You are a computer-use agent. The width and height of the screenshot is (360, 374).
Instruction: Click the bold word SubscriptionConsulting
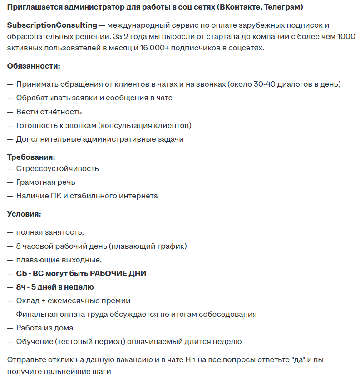(52, 25)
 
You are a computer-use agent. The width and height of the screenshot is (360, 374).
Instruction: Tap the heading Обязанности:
(34, 66)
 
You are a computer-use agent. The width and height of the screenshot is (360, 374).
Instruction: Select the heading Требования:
(31, 157)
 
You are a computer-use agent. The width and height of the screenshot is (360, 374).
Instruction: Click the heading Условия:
(24, 214)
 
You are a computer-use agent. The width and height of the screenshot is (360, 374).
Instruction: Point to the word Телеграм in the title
(282, 7)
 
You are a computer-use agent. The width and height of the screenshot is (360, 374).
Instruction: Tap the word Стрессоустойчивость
(57, 168)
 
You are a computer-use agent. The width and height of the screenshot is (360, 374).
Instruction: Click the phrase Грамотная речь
(46, 182)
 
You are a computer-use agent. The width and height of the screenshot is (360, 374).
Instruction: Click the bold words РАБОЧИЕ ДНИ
(118, 273)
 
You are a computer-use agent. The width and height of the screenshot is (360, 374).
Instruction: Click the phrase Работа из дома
(44, 328)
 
